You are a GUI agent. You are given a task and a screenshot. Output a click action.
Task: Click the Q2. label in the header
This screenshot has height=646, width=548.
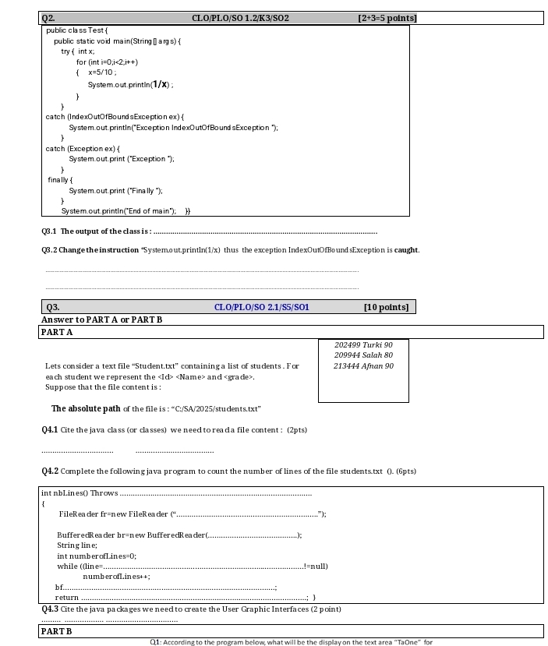(50, 18)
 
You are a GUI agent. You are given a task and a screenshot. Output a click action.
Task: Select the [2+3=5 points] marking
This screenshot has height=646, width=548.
(387, 18)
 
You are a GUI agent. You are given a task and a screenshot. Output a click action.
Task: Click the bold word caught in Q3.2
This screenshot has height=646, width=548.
(406, 250)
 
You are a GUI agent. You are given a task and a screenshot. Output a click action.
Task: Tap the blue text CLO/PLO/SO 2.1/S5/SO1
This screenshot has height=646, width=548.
(261, 307)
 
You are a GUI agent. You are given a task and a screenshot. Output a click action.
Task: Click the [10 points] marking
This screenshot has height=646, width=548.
(386, 307)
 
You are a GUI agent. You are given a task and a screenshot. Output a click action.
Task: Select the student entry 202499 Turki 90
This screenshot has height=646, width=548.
(363, 344)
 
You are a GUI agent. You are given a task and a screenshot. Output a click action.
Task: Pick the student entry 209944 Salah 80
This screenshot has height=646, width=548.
(363, 355)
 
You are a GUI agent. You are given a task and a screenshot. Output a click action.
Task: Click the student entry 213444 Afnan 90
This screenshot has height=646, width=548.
(363, 366)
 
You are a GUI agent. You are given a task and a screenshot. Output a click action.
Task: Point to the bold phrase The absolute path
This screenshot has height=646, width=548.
(86, 408)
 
